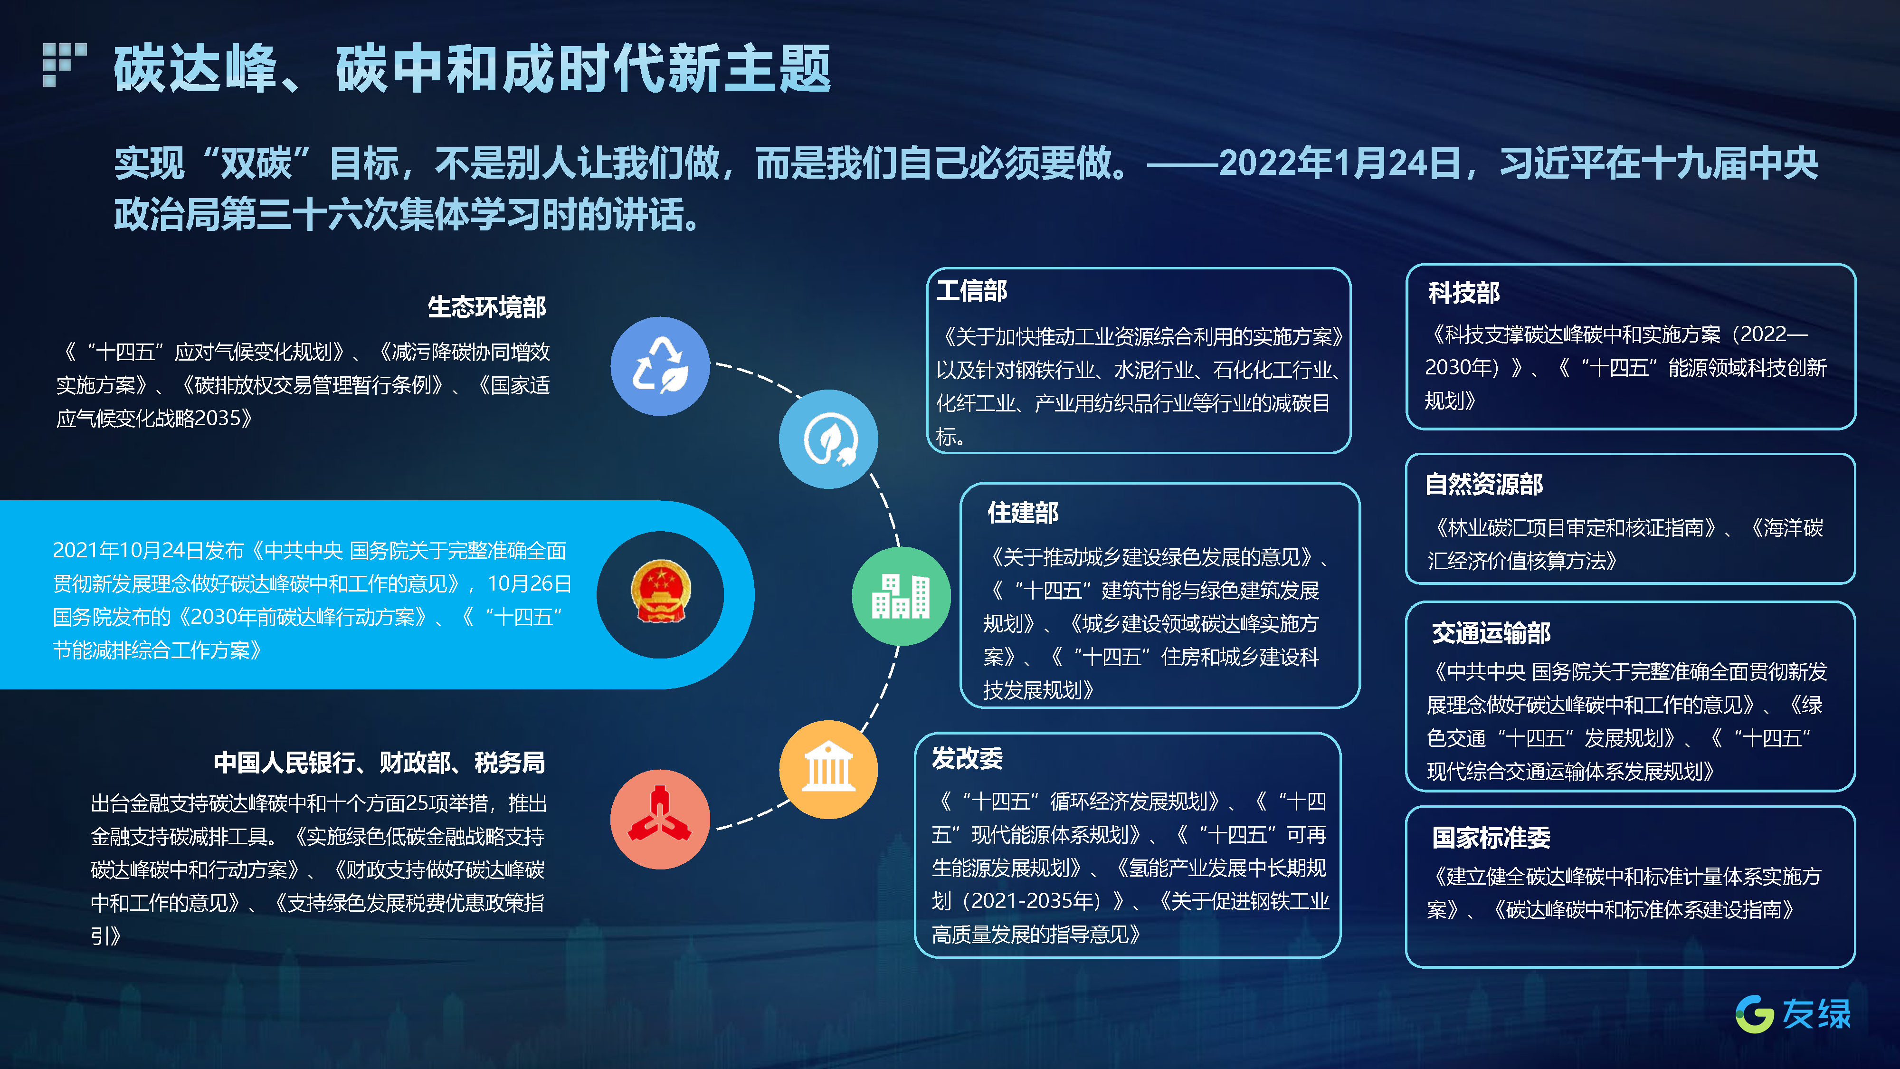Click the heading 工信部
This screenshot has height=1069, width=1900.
pyautogui.click(x=971, y=291)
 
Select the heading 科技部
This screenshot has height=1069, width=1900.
pyautogui.click(x=1464, y=293)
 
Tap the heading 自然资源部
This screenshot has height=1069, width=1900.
pyautogui.click(x=1484, y=484)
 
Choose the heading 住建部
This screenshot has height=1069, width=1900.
pyautogui.click(x=1023, y=512)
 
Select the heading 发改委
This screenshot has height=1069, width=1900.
pyautogui.click(x=967, y=758)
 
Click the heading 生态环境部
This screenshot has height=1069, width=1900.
pyautogui.click(x=487, y=307)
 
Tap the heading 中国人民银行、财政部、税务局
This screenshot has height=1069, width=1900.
pyautogui.click(x=379, y=762)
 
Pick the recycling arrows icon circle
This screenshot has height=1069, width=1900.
pyautogui.click(x=660, y=366)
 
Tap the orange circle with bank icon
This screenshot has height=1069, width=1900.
pyautogui.click(x=828, y=770)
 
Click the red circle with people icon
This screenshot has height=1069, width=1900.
pyautogui.click(x=660, y=819)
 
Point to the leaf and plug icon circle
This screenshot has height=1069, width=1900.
pyautogui.click(x=828, y=439)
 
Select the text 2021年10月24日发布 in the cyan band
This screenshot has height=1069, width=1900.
pyautogui.click(x=148, y=550)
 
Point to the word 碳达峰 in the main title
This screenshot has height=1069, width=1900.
pyautogui.click(x=195, y=68)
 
